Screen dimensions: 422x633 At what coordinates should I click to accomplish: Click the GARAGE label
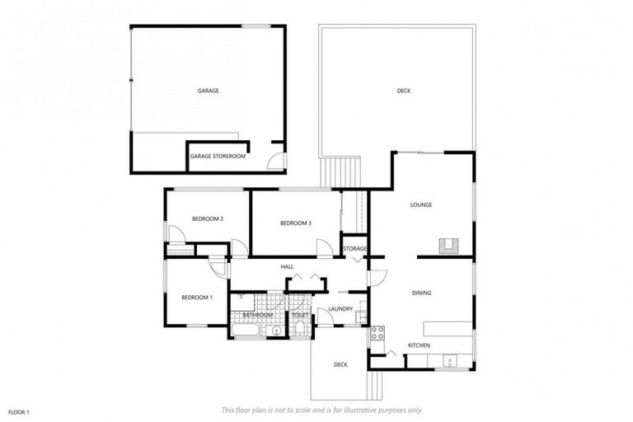pyautogui.click(x=208, y=91)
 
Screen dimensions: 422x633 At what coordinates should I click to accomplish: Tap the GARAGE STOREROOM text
pyautogui.click(x=218, y=156)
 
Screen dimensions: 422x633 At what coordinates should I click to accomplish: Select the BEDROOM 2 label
pyautogui.click(x=209, y=218)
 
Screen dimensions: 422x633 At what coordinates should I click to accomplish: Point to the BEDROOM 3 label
pyautogui.click(x=296, y=223)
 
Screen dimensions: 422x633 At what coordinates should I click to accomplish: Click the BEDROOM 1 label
pyautogui.click(x=197, y=298)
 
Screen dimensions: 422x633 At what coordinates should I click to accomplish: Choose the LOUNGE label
pyautogui.click(x=421, y=205)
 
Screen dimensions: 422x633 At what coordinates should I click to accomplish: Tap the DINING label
pyautogui.click(x=421, y=293)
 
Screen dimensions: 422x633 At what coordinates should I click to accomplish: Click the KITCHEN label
pyautogui.click(x=419, y=345)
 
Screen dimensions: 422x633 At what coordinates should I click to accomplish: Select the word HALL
pyautogui.click(x=288, y=267)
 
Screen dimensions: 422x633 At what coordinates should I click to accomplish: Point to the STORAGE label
pyautogui.click(x=355, y=248)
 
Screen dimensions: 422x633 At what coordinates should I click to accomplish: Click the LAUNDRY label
pyautogui.click(x=340, y=310)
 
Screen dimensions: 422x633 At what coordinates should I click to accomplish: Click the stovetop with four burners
pyautogui.click(x=377, y=334)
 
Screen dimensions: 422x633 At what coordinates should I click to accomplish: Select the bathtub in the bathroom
pyautogui.click(x=245, y=331)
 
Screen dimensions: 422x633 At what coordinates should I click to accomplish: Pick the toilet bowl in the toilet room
pyautogui.click(x=299, y=330)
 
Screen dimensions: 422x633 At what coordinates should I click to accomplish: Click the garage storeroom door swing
pyautogui.click(x=278, y=161)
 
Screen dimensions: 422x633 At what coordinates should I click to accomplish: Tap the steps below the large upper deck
pyautogui.click(x=341, y=171)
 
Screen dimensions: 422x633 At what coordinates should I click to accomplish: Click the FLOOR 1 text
pyautogui.click(x=19, y=411)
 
